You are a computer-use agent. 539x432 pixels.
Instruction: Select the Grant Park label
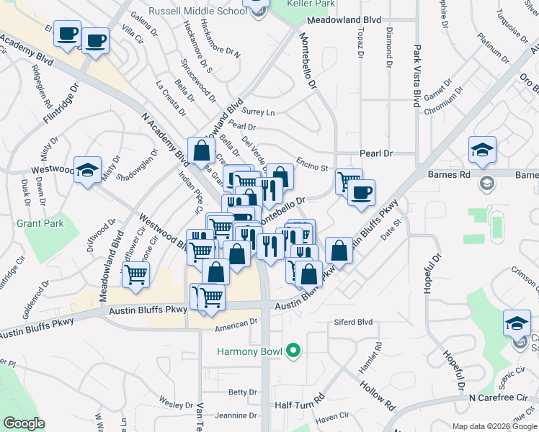point(40,223)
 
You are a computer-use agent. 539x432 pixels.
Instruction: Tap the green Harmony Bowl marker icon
point(292,352)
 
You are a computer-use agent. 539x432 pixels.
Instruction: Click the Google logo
point(24,423)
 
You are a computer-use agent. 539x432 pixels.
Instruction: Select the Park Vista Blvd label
point(416,76)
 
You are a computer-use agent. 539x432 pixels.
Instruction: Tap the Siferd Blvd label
point(352,322)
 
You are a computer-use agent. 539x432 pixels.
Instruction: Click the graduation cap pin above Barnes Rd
point(482,149)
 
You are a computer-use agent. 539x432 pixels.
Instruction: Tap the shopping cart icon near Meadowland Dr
point(135,274)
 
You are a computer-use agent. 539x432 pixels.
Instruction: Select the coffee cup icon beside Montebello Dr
point(360,192)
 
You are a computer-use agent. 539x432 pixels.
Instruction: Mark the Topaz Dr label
point(359,45)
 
